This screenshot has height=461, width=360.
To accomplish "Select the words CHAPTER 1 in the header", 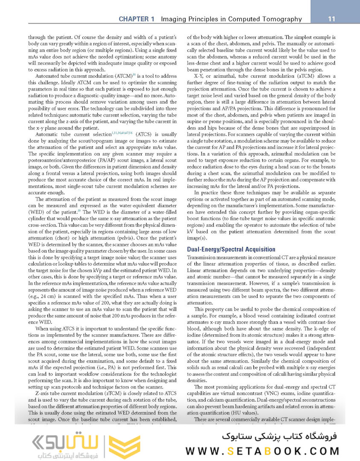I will (136, 19).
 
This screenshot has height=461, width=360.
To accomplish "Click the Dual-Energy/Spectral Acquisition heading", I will (231, 249).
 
